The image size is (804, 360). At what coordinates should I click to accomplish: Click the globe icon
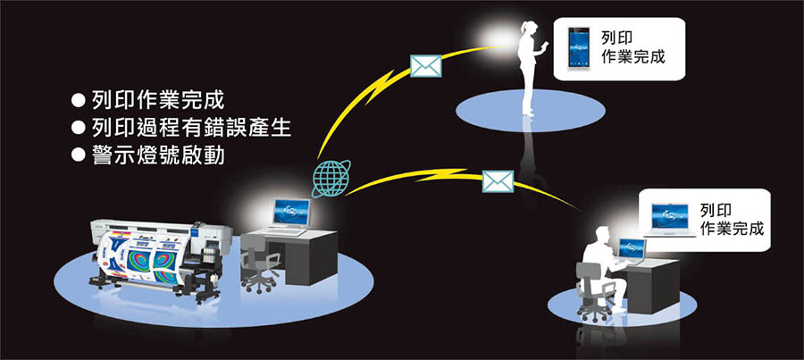click(331, 178)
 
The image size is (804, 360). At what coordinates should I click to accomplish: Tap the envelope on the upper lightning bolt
click(426, 67)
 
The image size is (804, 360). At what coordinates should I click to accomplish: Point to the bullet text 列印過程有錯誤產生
click(192, 126)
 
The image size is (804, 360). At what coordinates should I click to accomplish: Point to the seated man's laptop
click(632, 250)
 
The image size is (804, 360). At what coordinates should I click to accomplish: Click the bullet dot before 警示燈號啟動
click(78, 155)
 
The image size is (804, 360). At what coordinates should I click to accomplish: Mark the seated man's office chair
click(594, 295)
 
